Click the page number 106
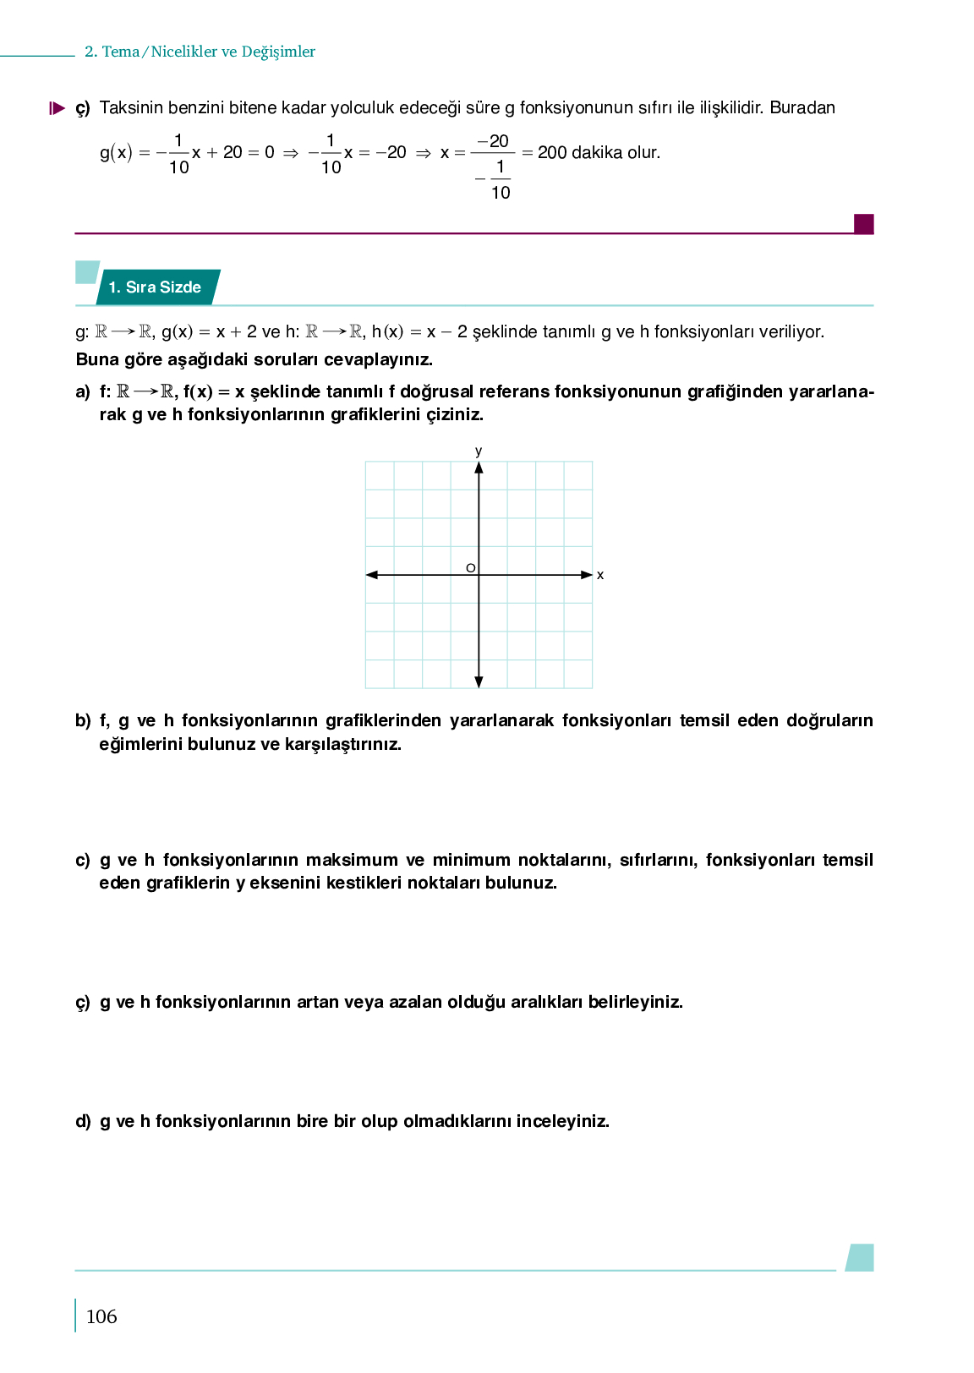pos(101,1316)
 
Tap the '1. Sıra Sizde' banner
pos(156,287)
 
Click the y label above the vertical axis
pos(479,451)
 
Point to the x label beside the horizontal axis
pos(600,576)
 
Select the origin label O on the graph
pos(471,568)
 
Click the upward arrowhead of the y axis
pos(479,468)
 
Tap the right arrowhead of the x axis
pos(587,575)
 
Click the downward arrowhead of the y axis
pos(479,681)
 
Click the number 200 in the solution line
pos(552,153)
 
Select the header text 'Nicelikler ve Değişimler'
pos(233,52)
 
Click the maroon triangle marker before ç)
pos(57,108)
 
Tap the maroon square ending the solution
pos(863,224)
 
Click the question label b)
pos(83,721)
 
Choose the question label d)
pos(83,1122)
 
